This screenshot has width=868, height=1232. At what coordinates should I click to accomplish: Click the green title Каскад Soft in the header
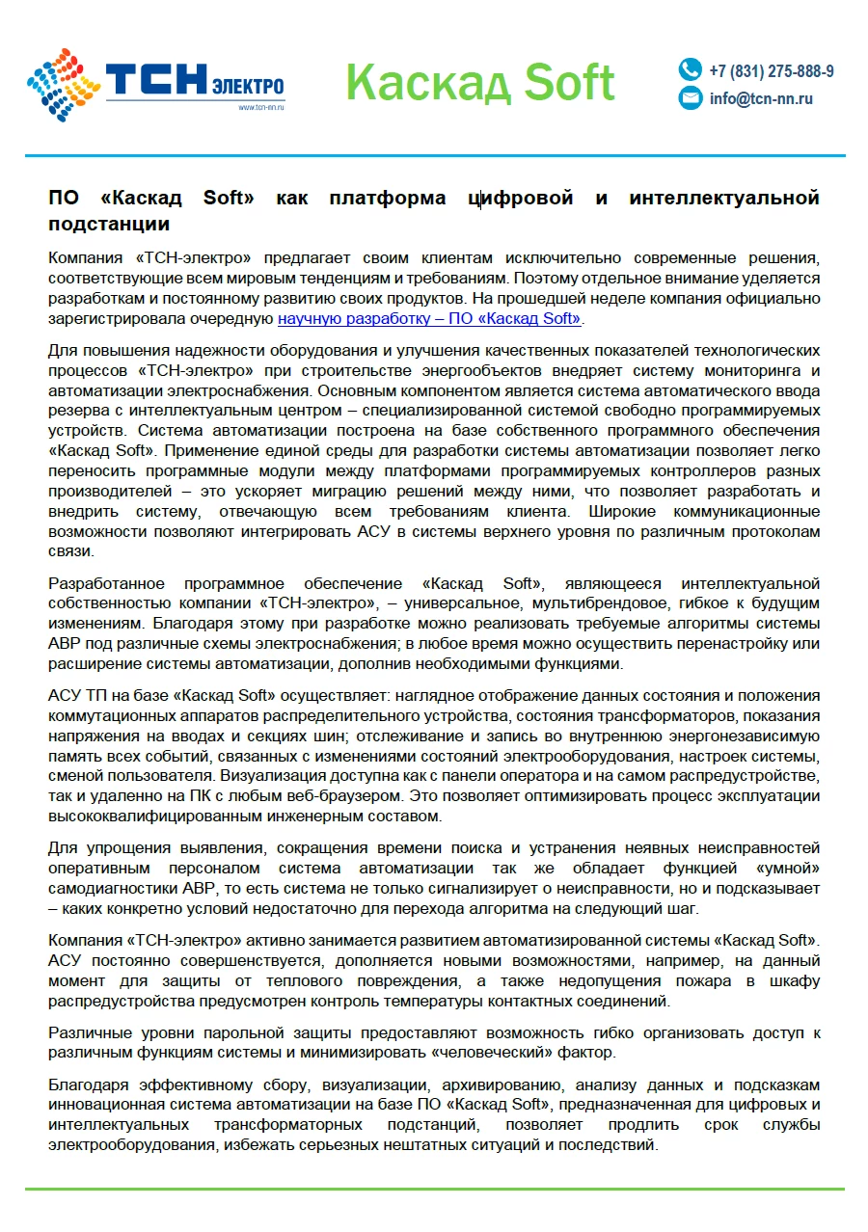[x=479, y=82]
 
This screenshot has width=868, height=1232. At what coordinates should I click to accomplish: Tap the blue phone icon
[x=690, y=69]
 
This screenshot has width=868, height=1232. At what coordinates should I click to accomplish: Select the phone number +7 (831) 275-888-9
[x=772, y=71]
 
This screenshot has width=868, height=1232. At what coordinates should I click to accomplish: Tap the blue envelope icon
[x=690, y=98]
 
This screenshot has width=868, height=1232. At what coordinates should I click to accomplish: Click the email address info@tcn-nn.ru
[x=761, y=98]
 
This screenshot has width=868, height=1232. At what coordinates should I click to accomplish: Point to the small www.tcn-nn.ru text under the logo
[x=261, y=107]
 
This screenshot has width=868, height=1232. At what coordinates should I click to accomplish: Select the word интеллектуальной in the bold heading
[x=724, y=199]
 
